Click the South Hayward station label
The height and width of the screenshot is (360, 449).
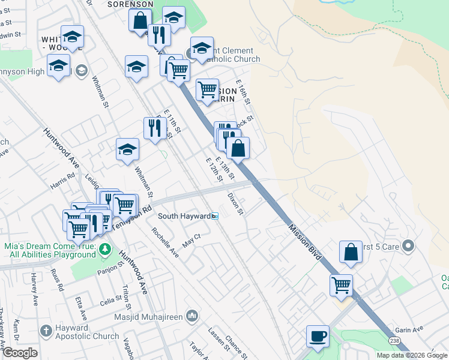(184, 216)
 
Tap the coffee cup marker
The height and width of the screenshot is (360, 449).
(318, 337)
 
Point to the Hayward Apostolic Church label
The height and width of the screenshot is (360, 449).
(71, 334)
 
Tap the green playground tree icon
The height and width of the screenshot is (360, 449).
(105, 248)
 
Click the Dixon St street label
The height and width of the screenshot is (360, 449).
(235, 203)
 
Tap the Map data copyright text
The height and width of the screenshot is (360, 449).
(412, 355)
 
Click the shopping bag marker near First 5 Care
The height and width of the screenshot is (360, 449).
(351, 253)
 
